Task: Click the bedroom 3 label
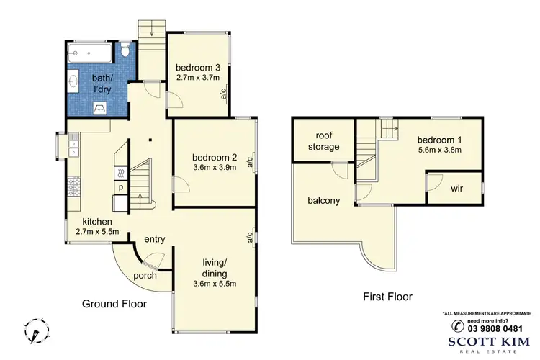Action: click(199, 68)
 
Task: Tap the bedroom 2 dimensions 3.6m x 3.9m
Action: click(214, 168)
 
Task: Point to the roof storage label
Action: click(323, 141)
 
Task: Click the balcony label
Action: click(323, 201)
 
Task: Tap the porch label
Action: click(136, 274)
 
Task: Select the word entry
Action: click(155, 239)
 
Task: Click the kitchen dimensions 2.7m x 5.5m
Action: click(96, 232)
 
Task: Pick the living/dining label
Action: click(214, 269)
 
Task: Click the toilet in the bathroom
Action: click(125, 50)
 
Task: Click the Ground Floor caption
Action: click(114, 305)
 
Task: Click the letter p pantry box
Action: click(121, 187)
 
